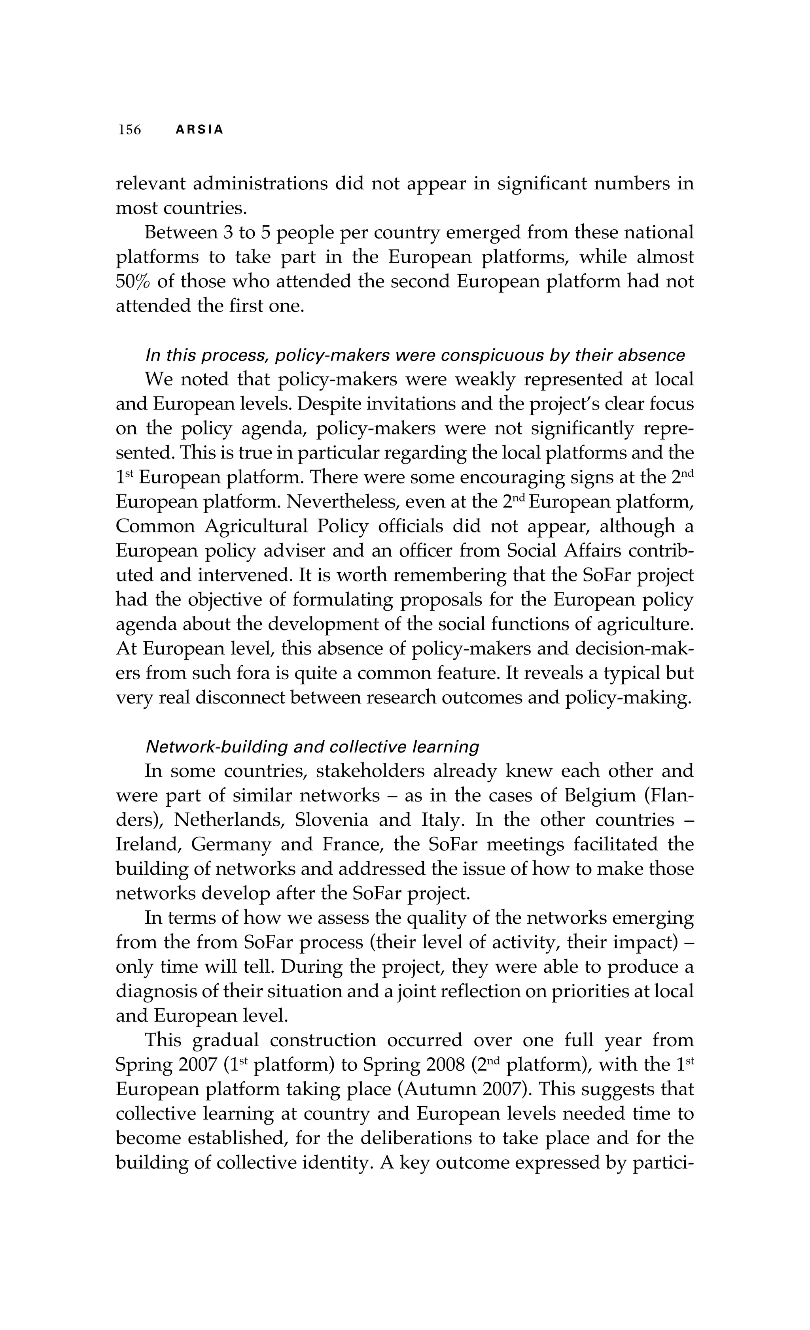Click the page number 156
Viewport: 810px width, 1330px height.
click(130, 130)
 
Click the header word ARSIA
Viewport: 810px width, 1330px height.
click(199, 130)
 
